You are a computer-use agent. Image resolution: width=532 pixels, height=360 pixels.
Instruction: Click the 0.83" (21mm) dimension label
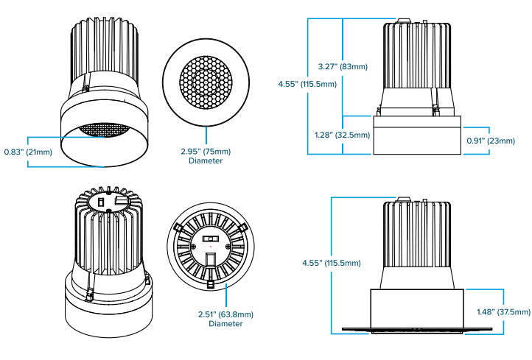coord(28,152)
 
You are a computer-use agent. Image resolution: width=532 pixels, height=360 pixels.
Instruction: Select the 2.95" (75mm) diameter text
coord(206,152)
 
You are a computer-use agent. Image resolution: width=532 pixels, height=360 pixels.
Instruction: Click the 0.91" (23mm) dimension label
coord(490,140)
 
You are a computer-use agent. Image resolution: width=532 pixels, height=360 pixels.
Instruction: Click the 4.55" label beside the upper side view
coord(307,84)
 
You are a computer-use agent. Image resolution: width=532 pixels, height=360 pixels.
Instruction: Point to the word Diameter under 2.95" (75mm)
coord(206,160)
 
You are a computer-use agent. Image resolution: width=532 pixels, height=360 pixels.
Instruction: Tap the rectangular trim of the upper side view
coord(417,135)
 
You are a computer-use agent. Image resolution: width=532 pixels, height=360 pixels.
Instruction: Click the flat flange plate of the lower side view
coord(417,329)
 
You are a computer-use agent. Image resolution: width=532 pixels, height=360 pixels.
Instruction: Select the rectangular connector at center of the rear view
coord(210,240)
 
